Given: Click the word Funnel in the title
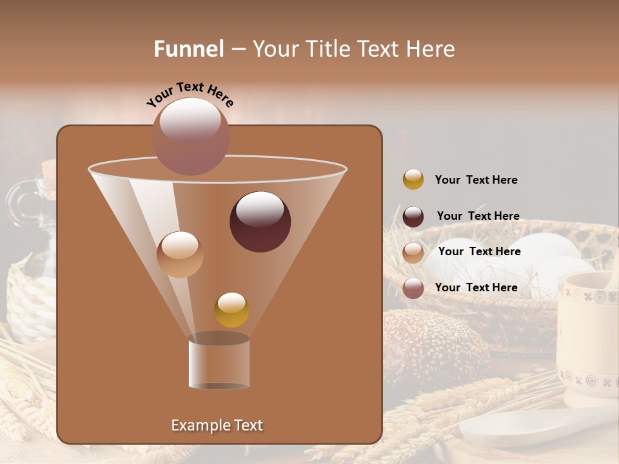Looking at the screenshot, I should click(x=188, y=49).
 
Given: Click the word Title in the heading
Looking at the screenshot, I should click(x=328, y=49).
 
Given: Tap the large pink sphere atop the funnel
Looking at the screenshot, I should click(x=190, y=136).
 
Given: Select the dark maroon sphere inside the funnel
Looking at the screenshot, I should click(x=260, y=222).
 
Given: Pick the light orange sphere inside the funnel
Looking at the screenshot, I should click(x=180, y=255).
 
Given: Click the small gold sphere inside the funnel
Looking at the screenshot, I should click(x=231, y=310).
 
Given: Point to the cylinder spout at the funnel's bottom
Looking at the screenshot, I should click(x=219, y=362).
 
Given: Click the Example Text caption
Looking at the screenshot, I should click(x=217, y=425).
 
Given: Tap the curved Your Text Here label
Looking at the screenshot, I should click(x=190, y=95).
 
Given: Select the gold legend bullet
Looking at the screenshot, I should click(x=413, y=180).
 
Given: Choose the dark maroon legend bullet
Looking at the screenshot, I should click(x=413, y=217).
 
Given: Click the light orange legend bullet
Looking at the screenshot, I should click(x=413, y=253).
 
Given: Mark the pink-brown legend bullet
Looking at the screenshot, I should click(x=413, y=288).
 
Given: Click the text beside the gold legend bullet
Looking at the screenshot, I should click(x=476, y=180).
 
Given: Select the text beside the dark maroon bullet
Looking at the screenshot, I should click(x=478, y=216).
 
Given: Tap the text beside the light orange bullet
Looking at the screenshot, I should click(x=479, y=251).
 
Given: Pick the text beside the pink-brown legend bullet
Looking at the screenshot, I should click(x=476, y=287).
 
